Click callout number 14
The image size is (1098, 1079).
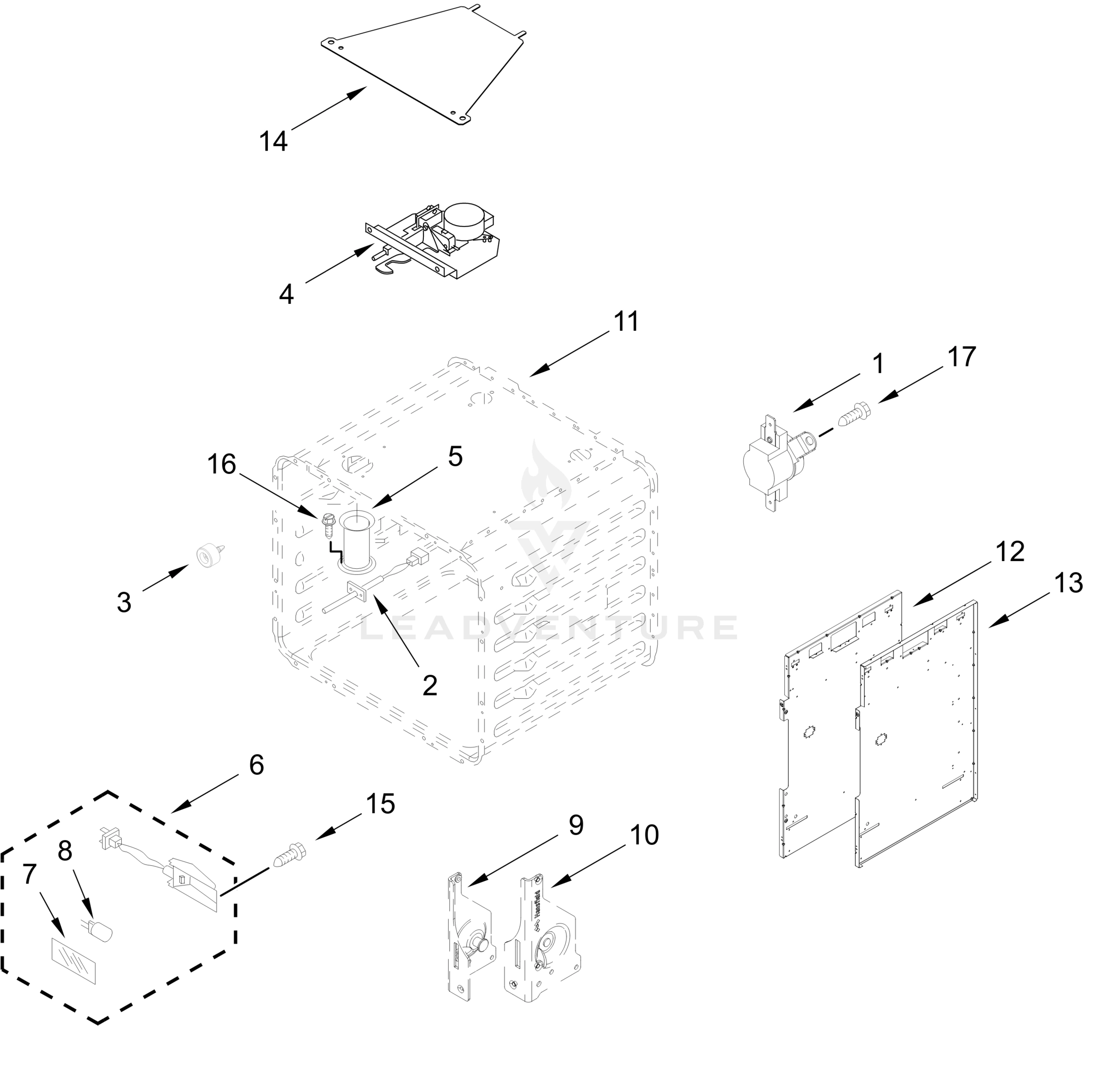tap(273, 141)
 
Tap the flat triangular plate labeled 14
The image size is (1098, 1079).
tap(431, 62)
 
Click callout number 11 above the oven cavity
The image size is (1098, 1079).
tap(626, 322)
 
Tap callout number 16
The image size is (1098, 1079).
tap(221, 465)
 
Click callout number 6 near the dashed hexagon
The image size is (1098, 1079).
tap(256, 765)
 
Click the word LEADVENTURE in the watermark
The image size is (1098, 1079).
tap(548, 628)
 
